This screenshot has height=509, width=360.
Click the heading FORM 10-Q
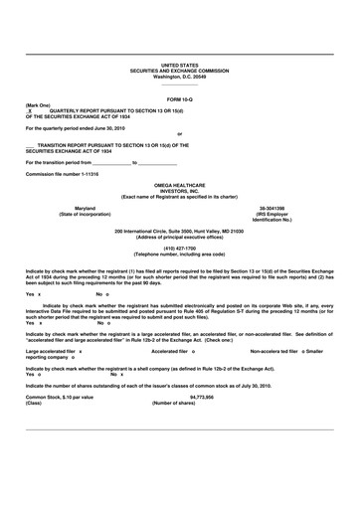[x=180, y=100]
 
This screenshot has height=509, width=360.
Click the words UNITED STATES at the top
[x=180, y=65]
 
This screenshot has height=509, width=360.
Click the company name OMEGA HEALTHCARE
[x=180, y=186]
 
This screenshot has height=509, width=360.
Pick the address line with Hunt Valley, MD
[x=180, y=231]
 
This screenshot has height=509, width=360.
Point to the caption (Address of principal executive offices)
[x=180, y=237]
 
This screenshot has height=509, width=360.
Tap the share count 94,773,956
[x=179, y=397]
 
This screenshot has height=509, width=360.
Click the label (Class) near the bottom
[x=35, y=403]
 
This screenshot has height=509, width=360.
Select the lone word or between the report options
[x=180, y=133]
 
